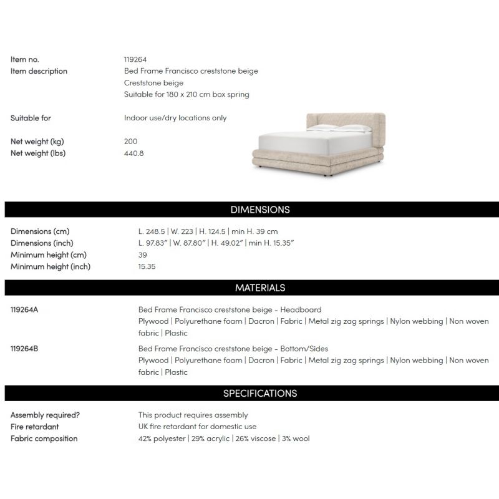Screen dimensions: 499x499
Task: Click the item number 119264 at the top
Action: tap(135, 59)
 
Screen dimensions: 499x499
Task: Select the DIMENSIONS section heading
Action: tap(260, 210)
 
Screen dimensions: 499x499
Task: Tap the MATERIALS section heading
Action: tap(260, 288)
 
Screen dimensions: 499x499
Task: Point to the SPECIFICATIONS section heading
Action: tap(260, 393)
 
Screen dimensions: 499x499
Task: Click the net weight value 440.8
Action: tap(134, 153)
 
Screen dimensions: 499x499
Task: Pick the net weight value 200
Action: tap(131, 142)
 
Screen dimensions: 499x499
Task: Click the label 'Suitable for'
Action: tap(31, 118)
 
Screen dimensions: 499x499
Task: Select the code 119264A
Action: tap(25, 309)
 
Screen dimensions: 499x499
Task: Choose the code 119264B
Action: tap(25, 349)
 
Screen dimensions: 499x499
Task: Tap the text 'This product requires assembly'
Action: tap(193, 415)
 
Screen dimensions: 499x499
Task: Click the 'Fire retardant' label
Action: tap(35, 427)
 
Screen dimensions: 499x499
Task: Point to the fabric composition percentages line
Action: tap(223, 438)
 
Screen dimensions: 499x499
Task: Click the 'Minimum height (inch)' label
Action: tap(51, 266)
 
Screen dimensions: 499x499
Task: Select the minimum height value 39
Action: tap(142, 254)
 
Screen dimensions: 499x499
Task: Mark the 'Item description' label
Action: tap(39, 71)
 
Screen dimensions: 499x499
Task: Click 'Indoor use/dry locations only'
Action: tap(175, 118)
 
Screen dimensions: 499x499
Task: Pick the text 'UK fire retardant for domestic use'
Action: tap(197, 427)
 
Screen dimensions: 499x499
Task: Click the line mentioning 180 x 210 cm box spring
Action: tap(187, 95)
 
